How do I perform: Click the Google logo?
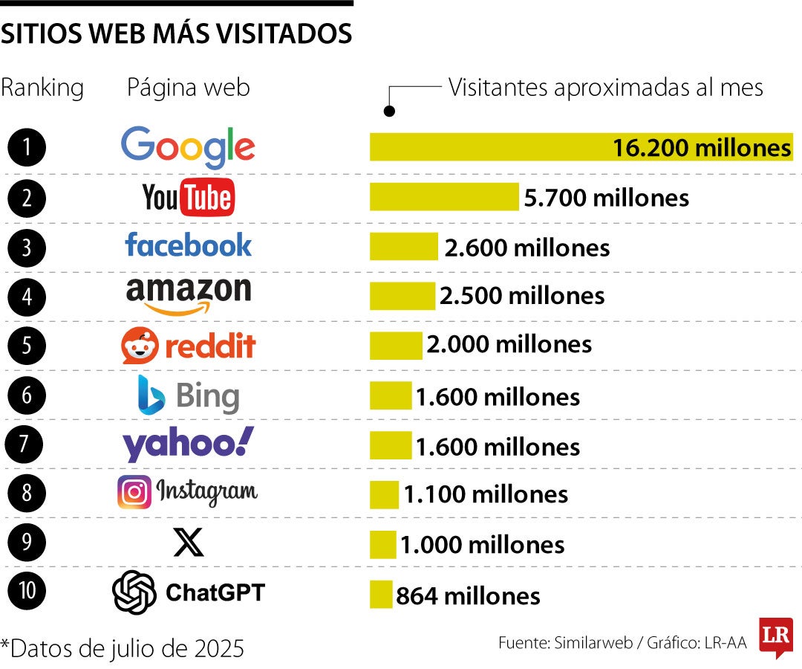[x=188, y=147]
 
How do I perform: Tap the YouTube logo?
[x=188, y=198]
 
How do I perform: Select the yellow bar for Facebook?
[x=403, y=247]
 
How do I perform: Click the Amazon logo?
[x=188, y=295]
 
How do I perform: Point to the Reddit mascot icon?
[x=140, y=346]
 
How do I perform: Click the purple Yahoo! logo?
[x=188, y=445]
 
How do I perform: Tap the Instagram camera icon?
[x=134, y=493]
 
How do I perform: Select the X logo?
[x=188, y=543]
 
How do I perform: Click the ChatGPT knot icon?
[x=134, y=592]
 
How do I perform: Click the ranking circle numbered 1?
[x=27, y=147]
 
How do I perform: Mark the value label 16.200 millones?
[x=701, y=148]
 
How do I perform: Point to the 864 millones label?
[x=468, y=595]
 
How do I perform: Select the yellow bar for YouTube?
[x=444, y=198]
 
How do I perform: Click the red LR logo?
[x=775, y=637]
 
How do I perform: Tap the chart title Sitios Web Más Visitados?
[x=176, y=33]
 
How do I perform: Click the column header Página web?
[x=188, y=88]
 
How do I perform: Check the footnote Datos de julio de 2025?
[x=123, y=648]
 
